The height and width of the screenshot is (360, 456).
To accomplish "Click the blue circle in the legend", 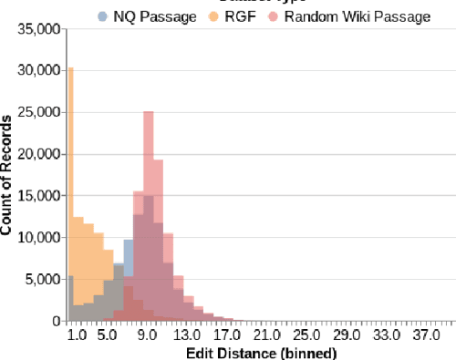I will tap(103, 15).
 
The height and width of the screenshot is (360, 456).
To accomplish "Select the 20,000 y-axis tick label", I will tap(38, 154).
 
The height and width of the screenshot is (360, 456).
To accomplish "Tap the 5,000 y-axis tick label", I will tap(42, 280).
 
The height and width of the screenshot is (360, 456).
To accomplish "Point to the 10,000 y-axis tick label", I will tap(38, 238).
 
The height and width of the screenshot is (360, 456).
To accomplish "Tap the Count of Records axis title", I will tap(8, 174).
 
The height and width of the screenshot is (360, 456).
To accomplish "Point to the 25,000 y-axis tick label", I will tap(38, 112).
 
